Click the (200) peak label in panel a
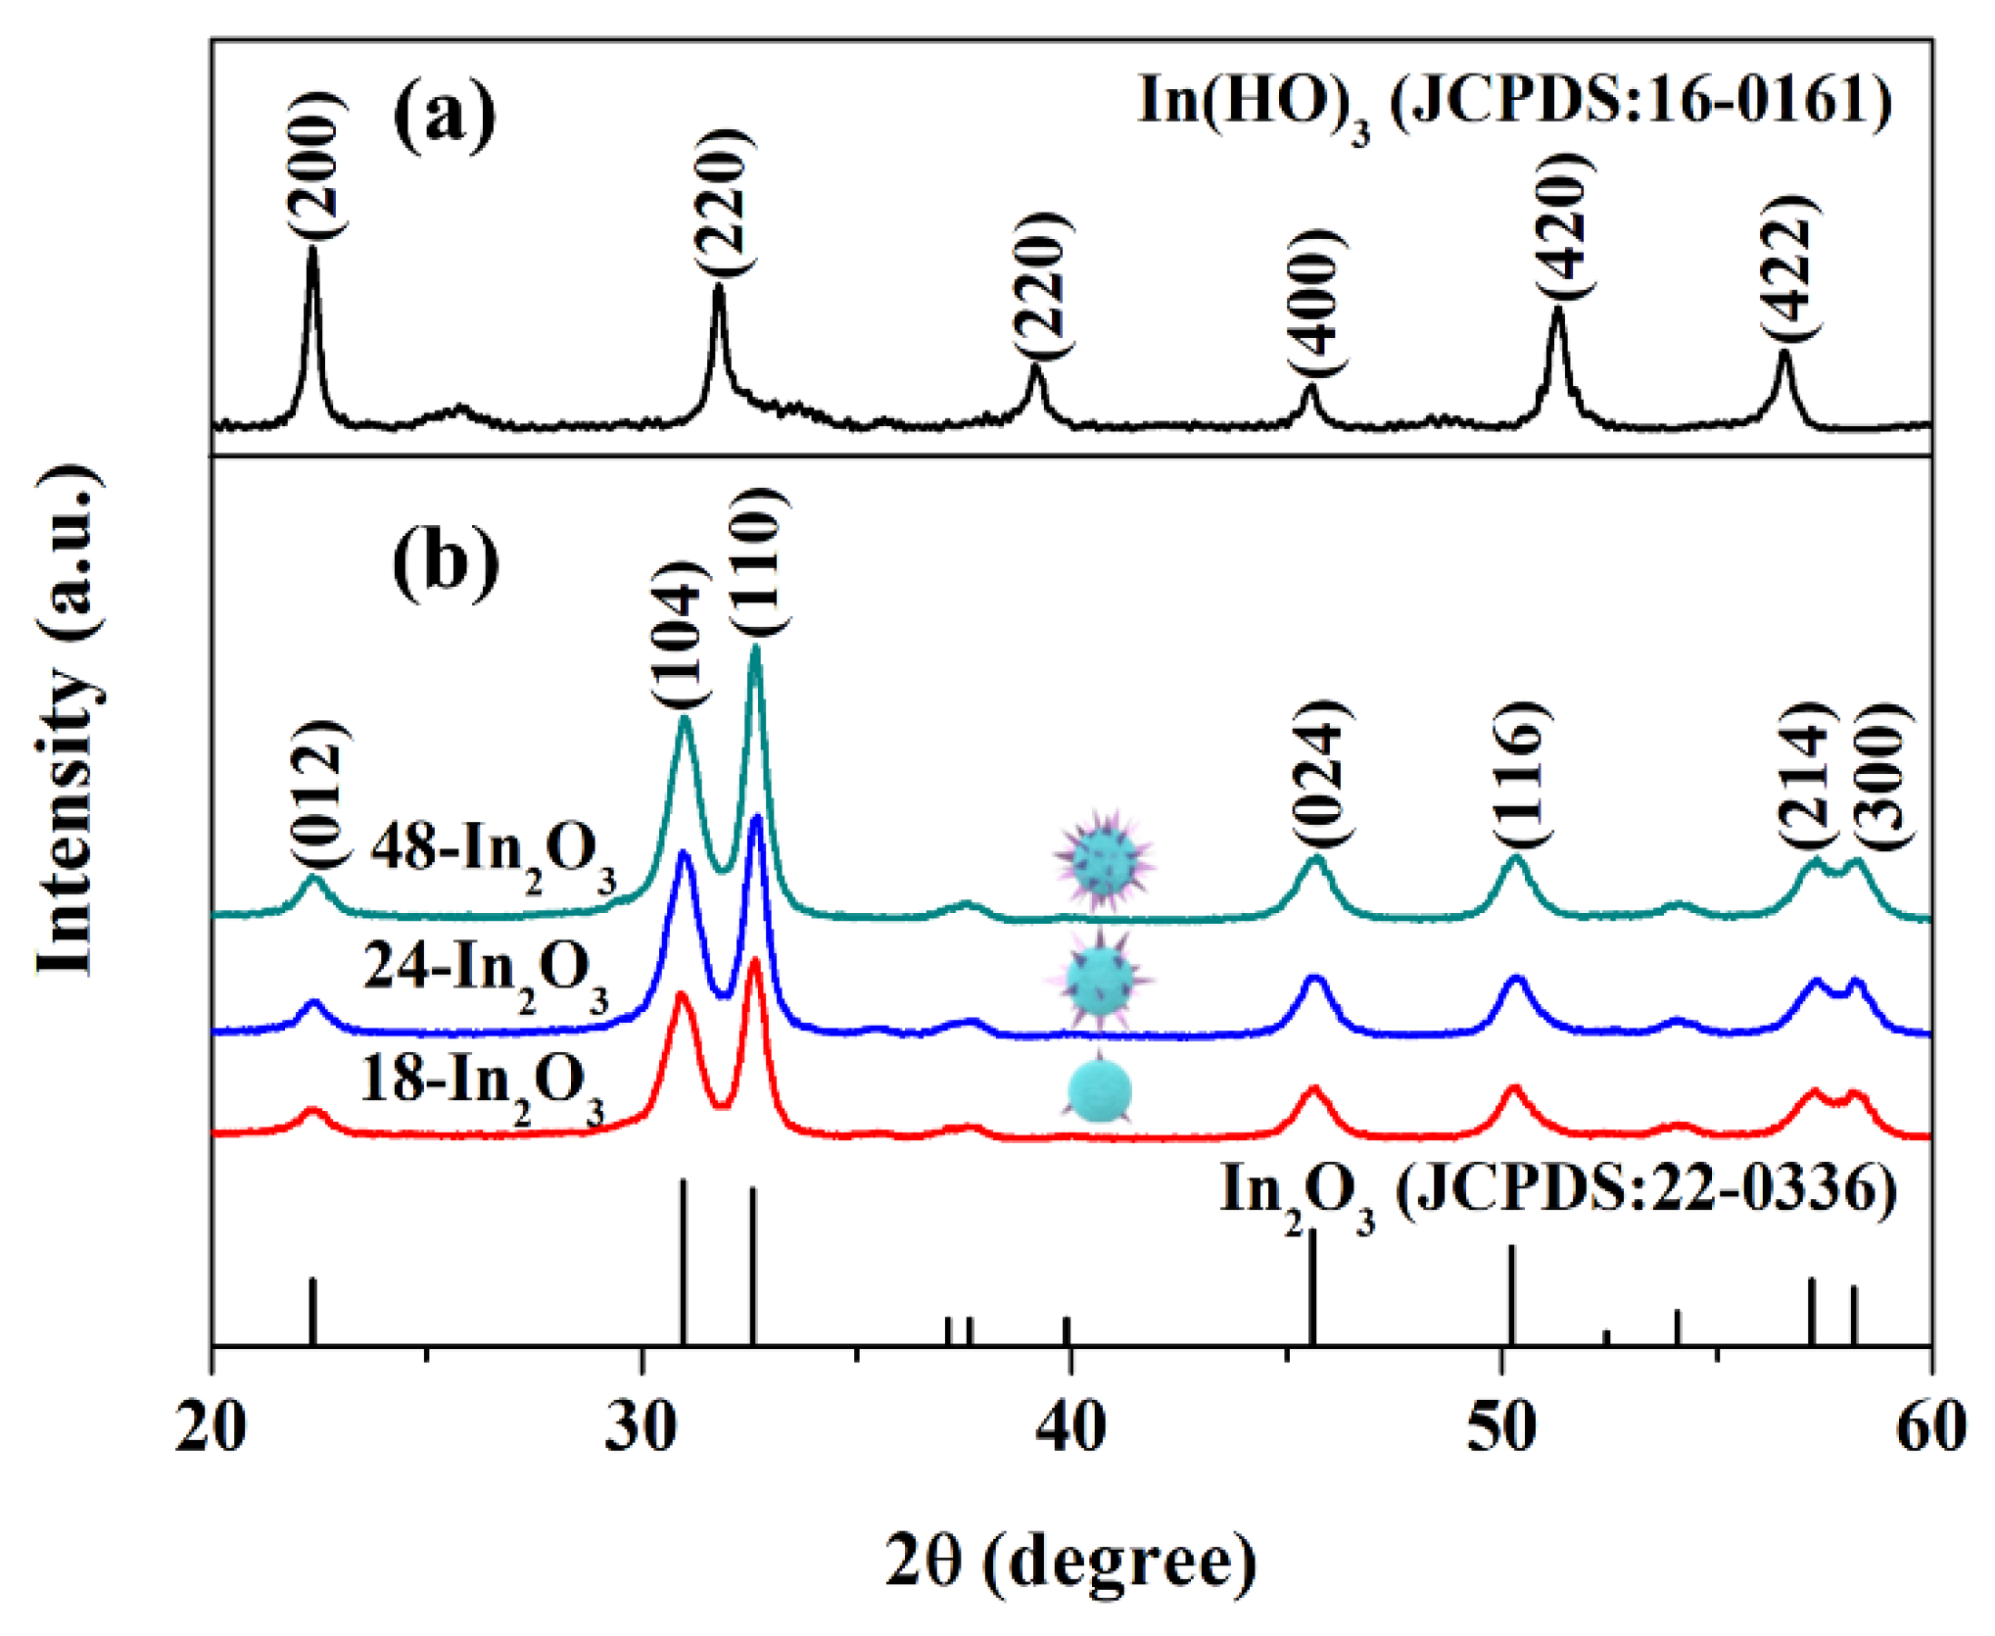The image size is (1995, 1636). tap(316, 165)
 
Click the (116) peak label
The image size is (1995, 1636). tap(1522, 774)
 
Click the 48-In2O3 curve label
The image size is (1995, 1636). tap(493, 850)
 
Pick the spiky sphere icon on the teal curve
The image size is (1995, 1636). tap(1104, 859)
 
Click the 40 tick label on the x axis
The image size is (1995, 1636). tap(1071, 1428)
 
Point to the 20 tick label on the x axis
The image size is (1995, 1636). tap(212, 1428)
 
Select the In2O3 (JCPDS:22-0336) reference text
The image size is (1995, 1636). tap(1557, 1193)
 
